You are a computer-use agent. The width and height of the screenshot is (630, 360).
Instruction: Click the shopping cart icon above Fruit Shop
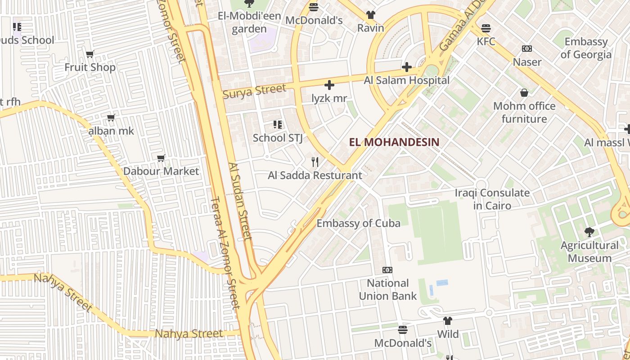90,54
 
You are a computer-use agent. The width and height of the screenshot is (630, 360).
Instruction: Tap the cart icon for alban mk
111,118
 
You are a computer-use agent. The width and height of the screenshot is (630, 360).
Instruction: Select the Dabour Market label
161,171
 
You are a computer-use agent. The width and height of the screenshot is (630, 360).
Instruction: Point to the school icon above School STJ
278,125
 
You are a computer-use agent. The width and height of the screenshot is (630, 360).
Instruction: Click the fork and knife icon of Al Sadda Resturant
315,162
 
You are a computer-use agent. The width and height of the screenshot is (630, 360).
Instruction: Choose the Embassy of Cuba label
358,223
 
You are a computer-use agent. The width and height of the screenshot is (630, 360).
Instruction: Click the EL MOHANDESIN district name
394,142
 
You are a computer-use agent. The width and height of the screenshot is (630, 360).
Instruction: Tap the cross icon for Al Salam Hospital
407,67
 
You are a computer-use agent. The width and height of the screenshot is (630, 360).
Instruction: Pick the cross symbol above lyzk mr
329,85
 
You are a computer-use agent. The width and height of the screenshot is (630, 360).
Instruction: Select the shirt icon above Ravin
371,15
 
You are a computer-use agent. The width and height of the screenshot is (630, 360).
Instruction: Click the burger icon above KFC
486,28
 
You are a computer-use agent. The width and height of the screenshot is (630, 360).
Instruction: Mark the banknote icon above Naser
527,49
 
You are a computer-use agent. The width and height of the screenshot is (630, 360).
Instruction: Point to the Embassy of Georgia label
586,48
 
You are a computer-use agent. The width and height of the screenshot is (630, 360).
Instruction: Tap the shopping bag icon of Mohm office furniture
524,93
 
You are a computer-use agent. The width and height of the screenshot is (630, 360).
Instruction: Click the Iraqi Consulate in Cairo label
492,199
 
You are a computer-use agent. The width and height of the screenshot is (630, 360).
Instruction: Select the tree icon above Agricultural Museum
589,232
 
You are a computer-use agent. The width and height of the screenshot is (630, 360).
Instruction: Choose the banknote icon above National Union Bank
387,270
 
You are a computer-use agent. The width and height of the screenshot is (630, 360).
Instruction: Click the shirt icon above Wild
448,321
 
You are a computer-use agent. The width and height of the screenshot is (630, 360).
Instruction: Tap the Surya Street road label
254,91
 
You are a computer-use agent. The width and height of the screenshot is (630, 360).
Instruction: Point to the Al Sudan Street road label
240,201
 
